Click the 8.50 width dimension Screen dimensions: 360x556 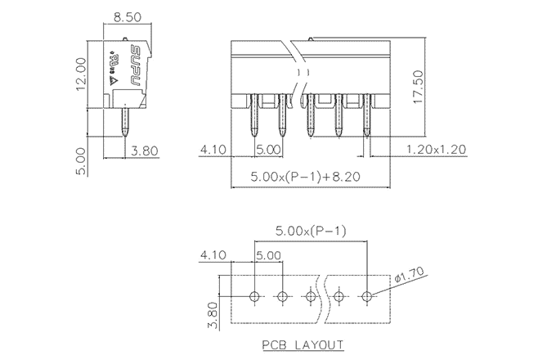pyautogui.click(x=126, y=16)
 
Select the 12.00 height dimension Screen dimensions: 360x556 pyautogui.click(x=82, y=74)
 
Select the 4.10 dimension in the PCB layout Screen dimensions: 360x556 pyautogui.click(x=213, y=254)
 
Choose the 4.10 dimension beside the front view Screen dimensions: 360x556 pyautogui.click(x=213, y=150)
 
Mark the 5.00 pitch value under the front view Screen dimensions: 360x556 pyautogui.click(x=268, y=150)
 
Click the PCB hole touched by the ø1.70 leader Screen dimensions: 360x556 pyautogui.click(x=368, y=295)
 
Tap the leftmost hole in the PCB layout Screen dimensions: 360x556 pyautogui.click(x=254, y=295)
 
